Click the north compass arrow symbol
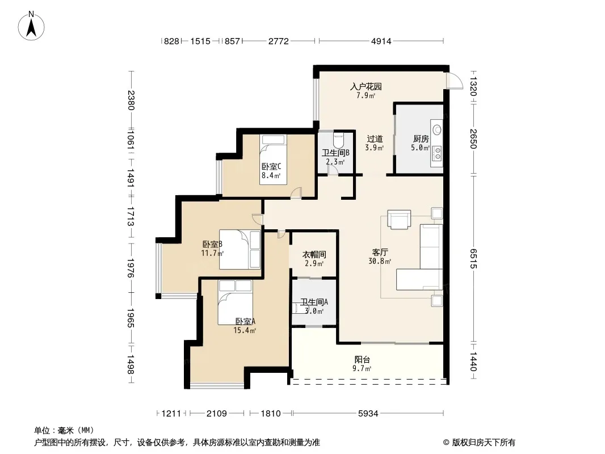(31, 26)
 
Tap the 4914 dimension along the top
(381, 41)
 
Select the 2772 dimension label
(278, 41)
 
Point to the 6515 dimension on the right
(473, 258)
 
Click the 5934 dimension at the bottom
(368, 414)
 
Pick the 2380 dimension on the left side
(131, 100)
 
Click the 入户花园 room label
(365, 86)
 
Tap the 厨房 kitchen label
(421, 138)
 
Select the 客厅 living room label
(380, 253)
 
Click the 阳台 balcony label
(362, 359)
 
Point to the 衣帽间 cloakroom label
(314, 255)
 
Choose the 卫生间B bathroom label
(335, 153)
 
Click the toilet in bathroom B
(338, 140)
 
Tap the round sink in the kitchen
(437, 129)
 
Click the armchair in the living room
(399, 220)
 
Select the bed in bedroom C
(273, 159)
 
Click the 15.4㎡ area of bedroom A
(245, 330)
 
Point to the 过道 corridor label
(375, 138)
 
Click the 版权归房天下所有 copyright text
(484, 443)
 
